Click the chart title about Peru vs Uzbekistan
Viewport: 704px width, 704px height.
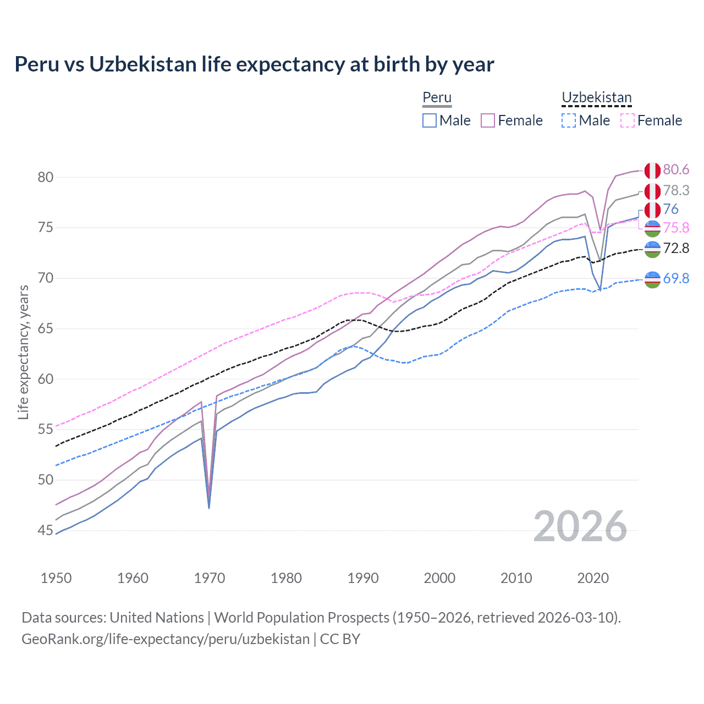coord(254,64)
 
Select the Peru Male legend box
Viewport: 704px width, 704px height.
coord(430,120)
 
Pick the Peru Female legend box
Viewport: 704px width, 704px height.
coord(488,120)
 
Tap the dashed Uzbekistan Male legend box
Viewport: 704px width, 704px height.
coord(569,120)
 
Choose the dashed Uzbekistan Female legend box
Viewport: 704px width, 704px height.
coord(628,120)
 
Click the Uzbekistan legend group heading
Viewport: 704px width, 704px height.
coord(596,98)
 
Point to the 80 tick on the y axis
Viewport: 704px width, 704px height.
coord(45,177)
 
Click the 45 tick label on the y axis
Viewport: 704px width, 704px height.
coord(45,530)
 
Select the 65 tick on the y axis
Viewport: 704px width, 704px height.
coord(45,328)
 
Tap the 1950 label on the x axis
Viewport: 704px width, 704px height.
coord(56,578)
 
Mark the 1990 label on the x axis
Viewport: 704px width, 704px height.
coord(363,578)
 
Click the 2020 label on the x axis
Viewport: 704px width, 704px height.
coord(593,578)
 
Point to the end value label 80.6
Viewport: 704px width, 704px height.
coord(676,170)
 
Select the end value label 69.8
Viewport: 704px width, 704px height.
coord(676,278)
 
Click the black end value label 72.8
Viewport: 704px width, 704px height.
coord(676,248)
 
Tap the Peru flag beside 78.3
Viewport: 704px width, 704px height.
coord(652,191)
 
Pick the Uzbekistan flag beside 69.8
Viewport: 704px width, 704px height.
coord(652,279)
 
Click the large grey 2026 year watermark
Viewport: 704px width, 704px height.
coord(580,526)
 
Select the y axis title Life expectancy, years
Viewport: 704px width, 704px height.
coord(23,352)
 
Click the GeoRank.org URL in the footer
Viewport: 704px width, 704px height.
coord(166,639)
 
